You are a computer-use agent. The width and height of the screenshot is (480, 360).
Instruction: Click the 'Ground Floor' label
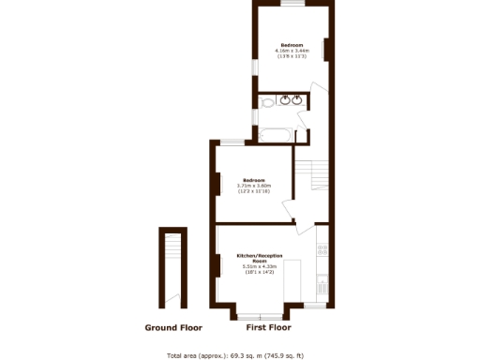[x=173, y=328]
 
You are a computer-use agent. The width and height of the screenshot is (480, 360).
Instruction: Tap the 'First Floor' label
[x=268, y=328]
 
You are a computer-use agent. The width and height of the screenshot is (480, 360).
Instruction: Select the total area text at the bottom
[x=240, y=355]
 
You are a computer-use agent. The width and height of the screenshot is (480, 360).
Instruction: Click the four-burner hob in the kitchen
[x=322, y=249]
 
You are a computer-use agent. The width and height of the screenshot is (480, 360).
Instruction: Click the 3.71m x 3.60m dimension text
[x=254, y=186]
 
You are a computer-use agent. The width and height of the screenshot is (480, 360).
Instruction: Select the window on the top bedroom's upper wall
[x=292, y=5]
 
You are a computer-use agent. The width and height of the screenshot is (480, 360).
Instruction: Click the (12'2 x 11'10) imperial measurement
[x=254, y=191]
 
